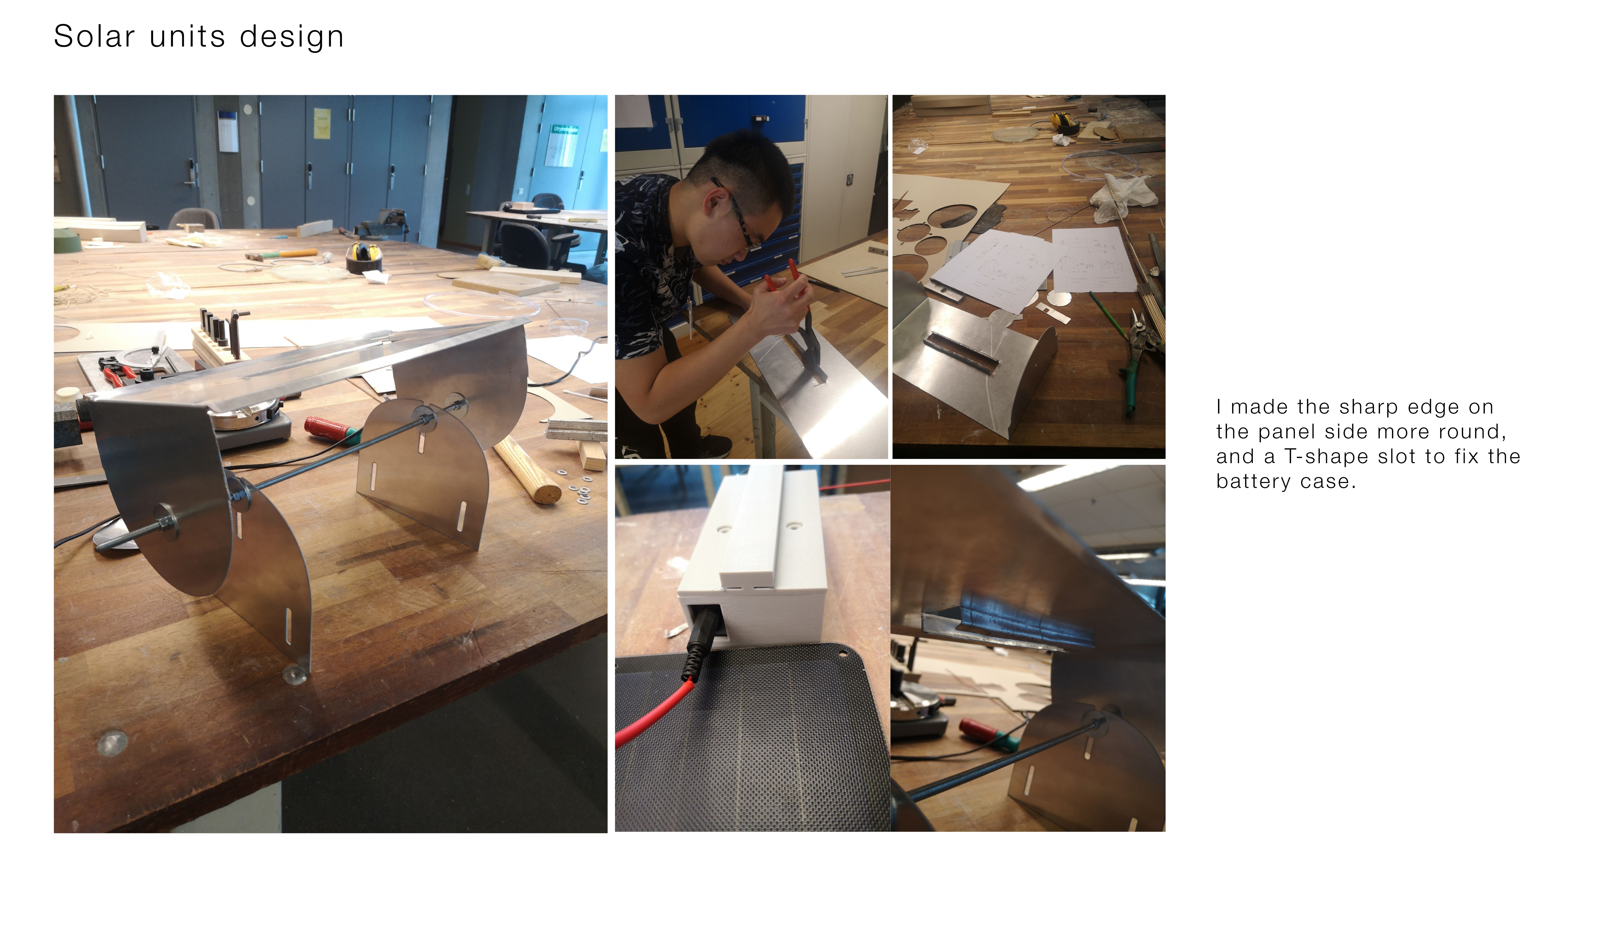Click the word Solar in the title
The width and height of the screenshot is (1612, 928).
click(x=94, y=36)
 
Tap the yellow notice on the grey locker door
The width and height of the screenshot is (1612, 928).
click(x=322, y=123)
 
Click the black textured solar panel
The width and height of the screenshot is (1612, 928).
click(x=752, y=746)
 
